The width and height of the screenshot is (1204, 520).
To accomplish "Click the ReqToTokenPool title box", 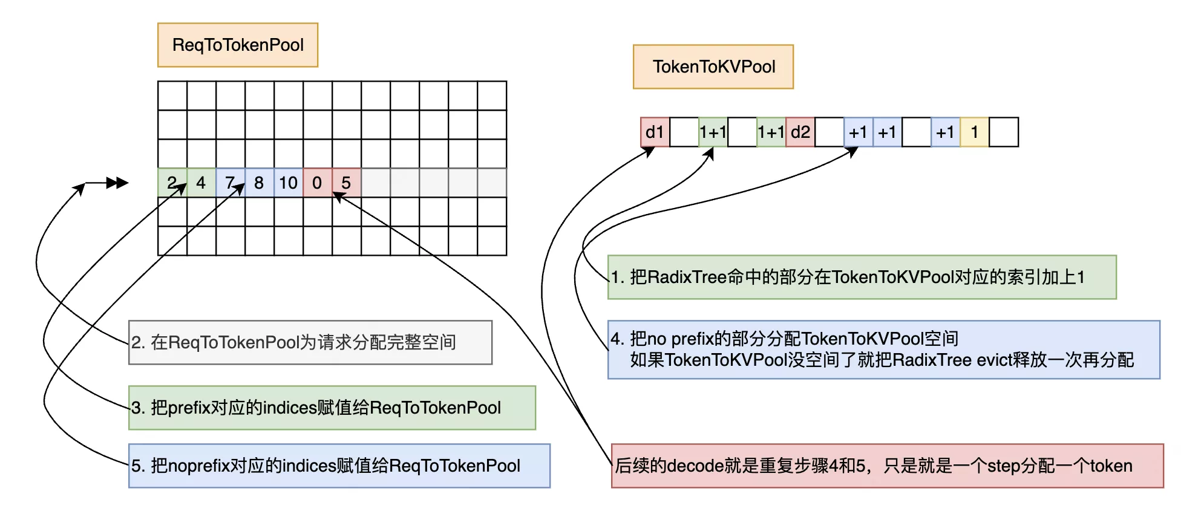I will tap(238, 45).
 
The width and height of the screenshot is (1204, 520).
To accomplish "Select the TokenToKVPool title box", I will tap(713, 67).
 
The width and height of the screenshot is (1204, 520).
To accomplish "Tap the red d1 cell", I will tap(655, 132).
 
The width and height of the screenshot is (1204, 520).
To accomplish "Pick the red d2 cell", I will tap(800, 132).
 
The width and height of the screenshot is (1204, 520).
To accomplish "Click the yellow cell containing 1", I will tap(974, 132).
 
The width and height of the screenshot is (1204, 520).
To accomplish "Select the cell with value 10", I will tap(289, 183).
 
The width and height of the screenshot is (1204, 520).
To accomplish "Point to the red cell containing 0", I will tap(317, 183).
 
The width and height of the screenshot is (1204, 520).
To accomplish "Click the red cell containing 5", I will tap(347, 183).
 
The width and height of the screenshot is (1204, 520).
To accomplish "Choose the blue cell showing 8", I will tap(259, 183).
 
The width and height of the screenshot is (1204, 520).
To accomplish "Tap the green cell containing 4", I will tap(201, 183).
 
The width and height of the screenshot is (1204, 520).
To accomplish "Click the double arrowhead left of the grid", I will tap(117, 183).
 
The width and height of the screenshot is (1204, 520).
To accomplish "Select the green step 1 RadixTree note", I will tap(862, 278).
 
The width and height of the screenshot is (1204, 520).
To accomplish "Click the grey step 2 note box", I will tap(310, 343).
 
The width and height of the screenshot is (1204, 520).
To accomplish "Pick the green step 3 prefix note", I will tap(332, 408).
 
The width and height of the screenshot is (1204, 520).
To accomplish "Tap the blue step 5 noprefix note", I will tap(339, 466).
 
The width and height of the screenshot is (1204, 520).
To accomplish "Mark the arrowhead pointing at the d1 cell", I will tap(649, 151).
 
